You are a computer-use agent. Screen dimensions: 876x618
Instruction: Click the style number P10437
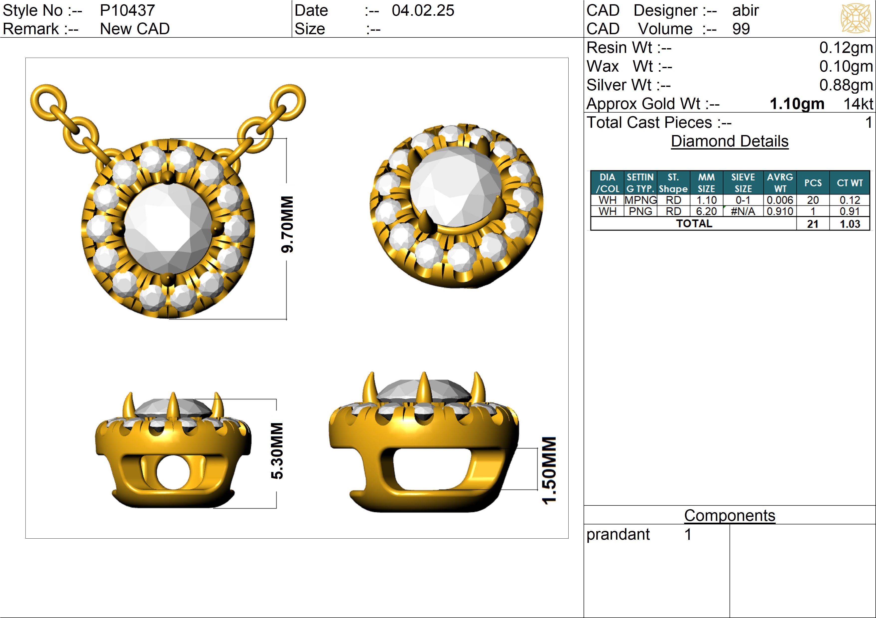click(x=127, y=10)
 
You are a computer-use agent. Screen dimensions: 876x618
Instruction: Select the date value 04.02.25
click(x=423, y=10)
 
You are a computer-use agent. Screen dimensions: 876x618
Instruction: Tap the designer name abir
click(x=746, y=10)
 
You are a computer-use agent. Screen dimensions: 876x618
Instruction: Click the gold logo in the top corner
click(x=856, y=18)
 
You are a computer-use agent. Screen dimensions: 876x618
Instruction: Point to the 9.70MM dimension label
click(x=287, y=224)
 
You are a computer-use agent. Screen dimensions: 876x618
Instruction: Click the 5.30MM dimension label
click(x=277, y=451)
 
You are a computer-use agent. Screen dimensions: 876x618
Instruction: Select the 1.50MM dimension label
click(x=549, y=470)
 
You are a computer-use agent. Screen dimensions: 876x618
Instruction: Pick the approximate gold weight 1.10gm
click(x=797, y=104)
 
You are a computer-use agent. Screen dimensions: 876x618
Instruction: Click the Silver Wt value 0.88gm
click(x=846, y=85)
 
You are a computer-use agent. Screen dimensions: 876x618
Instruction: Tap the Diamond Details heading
click(x=730, y=141)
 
